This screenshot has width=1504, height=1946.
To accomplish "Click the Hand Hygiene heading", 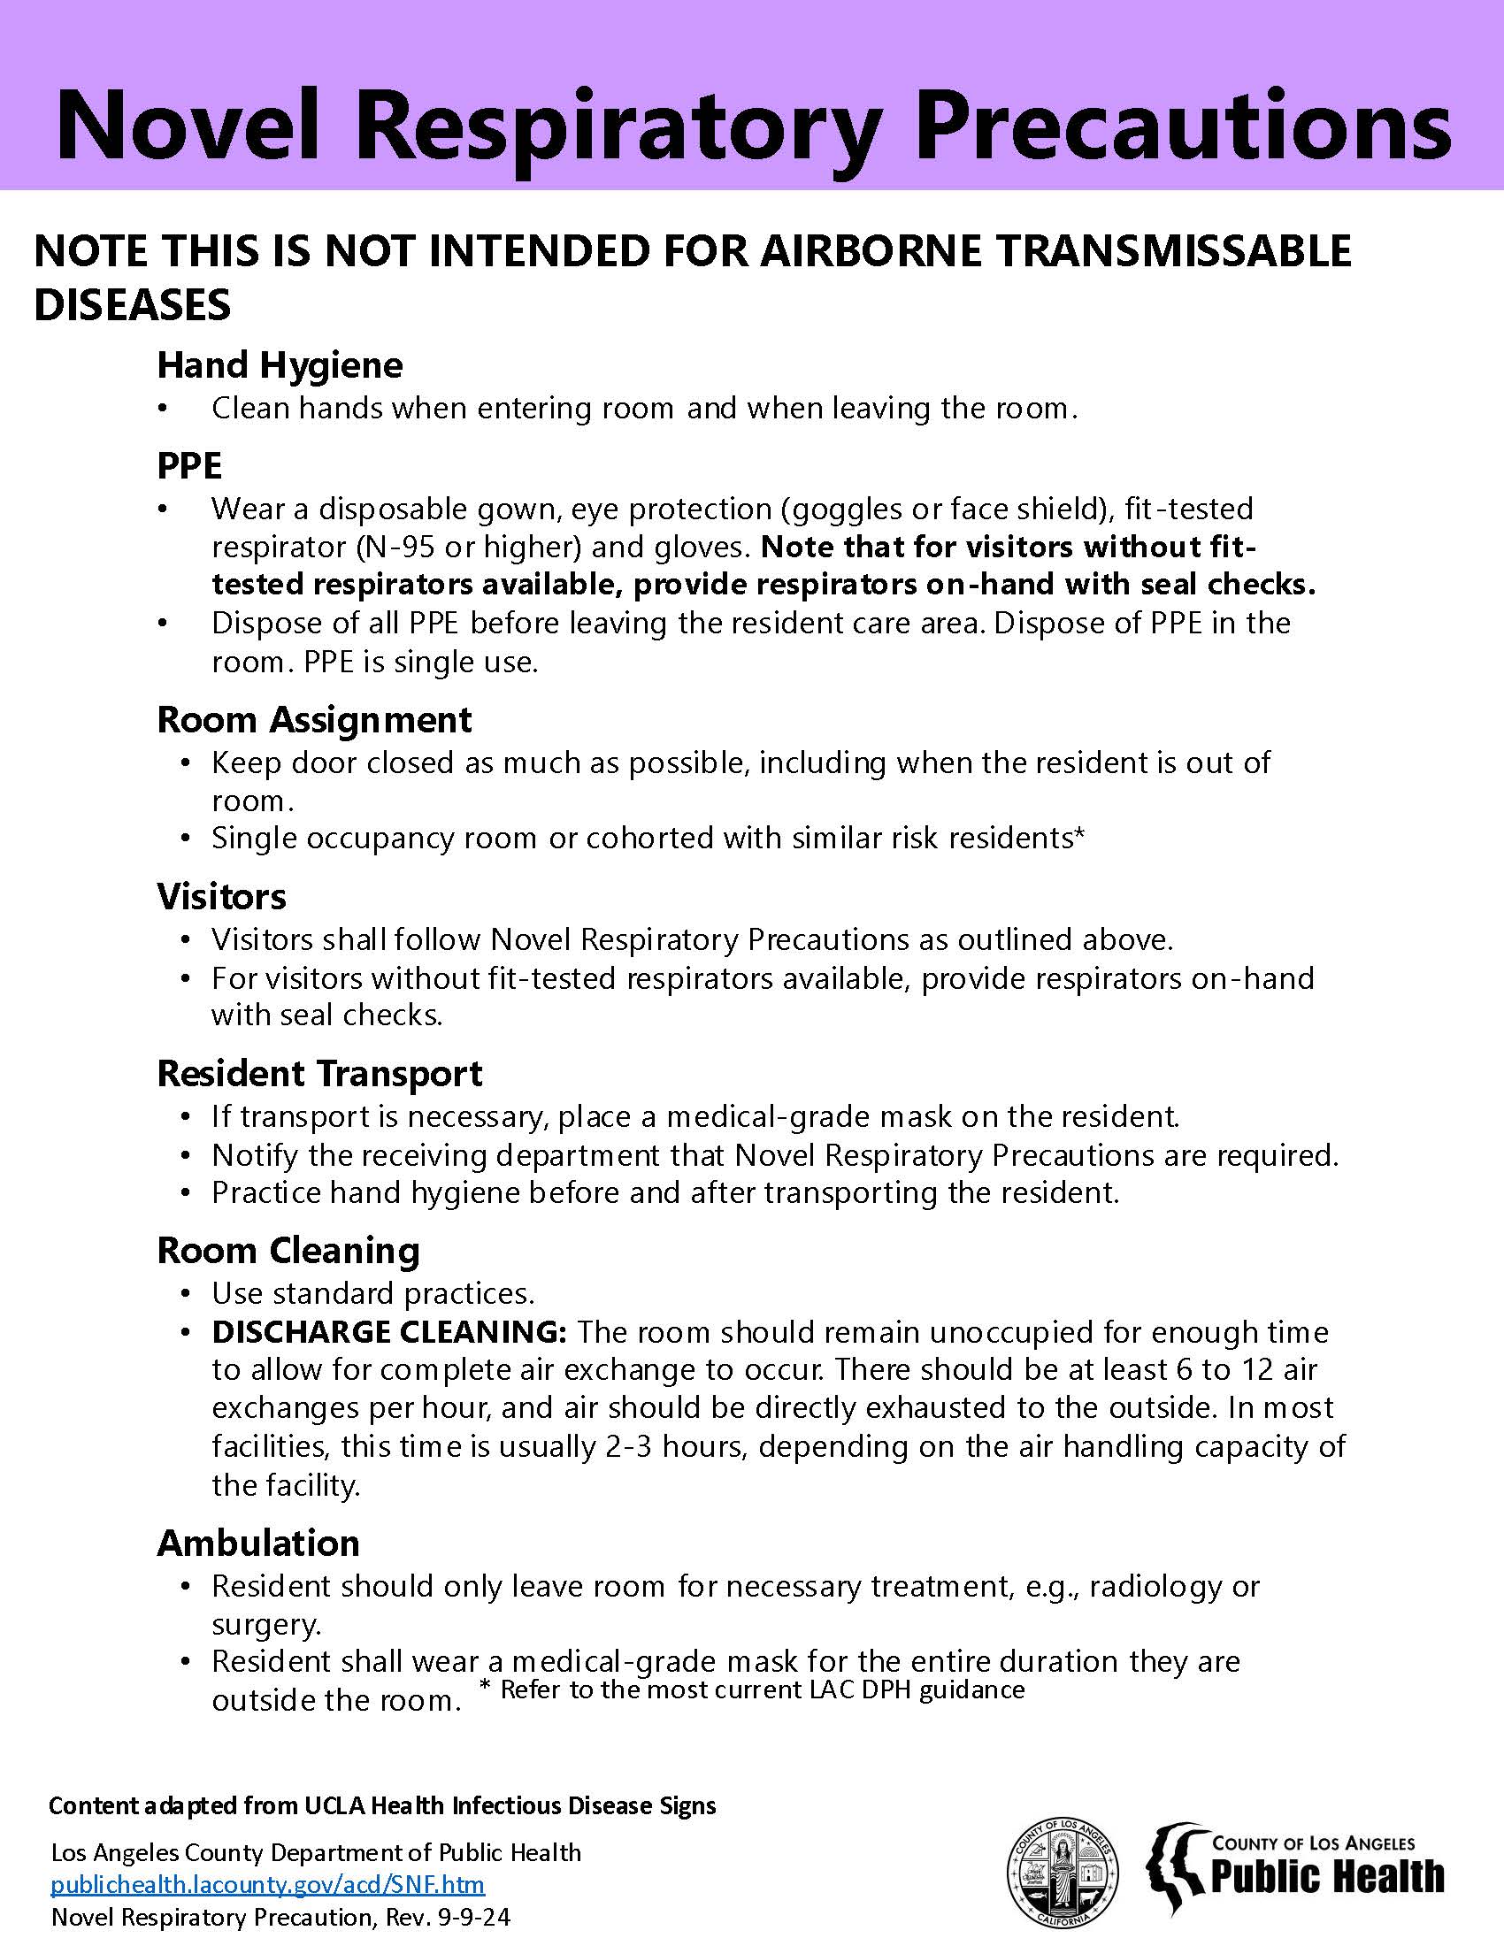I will tap(280, 365).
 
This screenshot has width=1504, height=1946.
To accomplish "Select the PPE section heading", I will tap(189, 465).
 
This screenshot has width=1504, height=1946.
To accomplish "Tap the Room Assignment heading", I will tap(314, 719).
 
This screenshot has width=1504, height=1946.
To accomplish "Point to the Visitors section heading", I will tap(221, 896).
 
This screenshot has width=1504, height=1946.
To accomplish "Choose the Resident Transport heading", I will tap(319, 1074).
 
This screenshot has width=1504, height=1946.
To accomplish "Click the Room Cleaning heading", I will tap(288, 1251).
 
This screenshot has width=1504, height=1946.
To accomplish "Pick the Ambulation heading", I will tap(258, 1544).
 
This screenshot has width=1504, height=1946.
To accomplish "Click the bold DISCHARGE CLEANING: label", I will tap(388, 1332).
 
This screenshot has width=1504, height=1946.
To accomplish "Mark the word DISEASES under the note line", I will tap(132, 305).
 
